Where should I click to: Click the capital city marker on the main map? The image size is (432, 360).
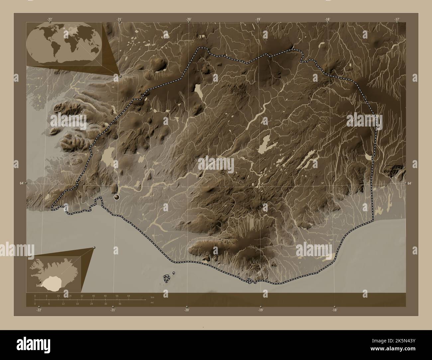(x=117, y=198)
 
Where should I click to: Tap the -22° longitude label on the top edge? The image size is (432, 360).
(x=50, y=19)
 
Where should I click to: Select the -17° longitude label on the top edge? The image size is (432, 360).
(x=397, y=19)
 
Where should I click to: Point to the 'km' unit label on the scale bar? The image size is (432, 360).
(x=152, y=297)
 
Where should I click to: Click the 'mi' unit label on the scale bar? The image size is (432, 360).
(x=152, y=303)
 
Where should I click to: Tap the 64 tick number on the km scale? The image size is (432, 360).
(x=128, y=296)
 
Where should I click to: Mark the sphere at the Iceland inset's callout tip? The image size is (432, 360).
(x=95, y=247)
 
